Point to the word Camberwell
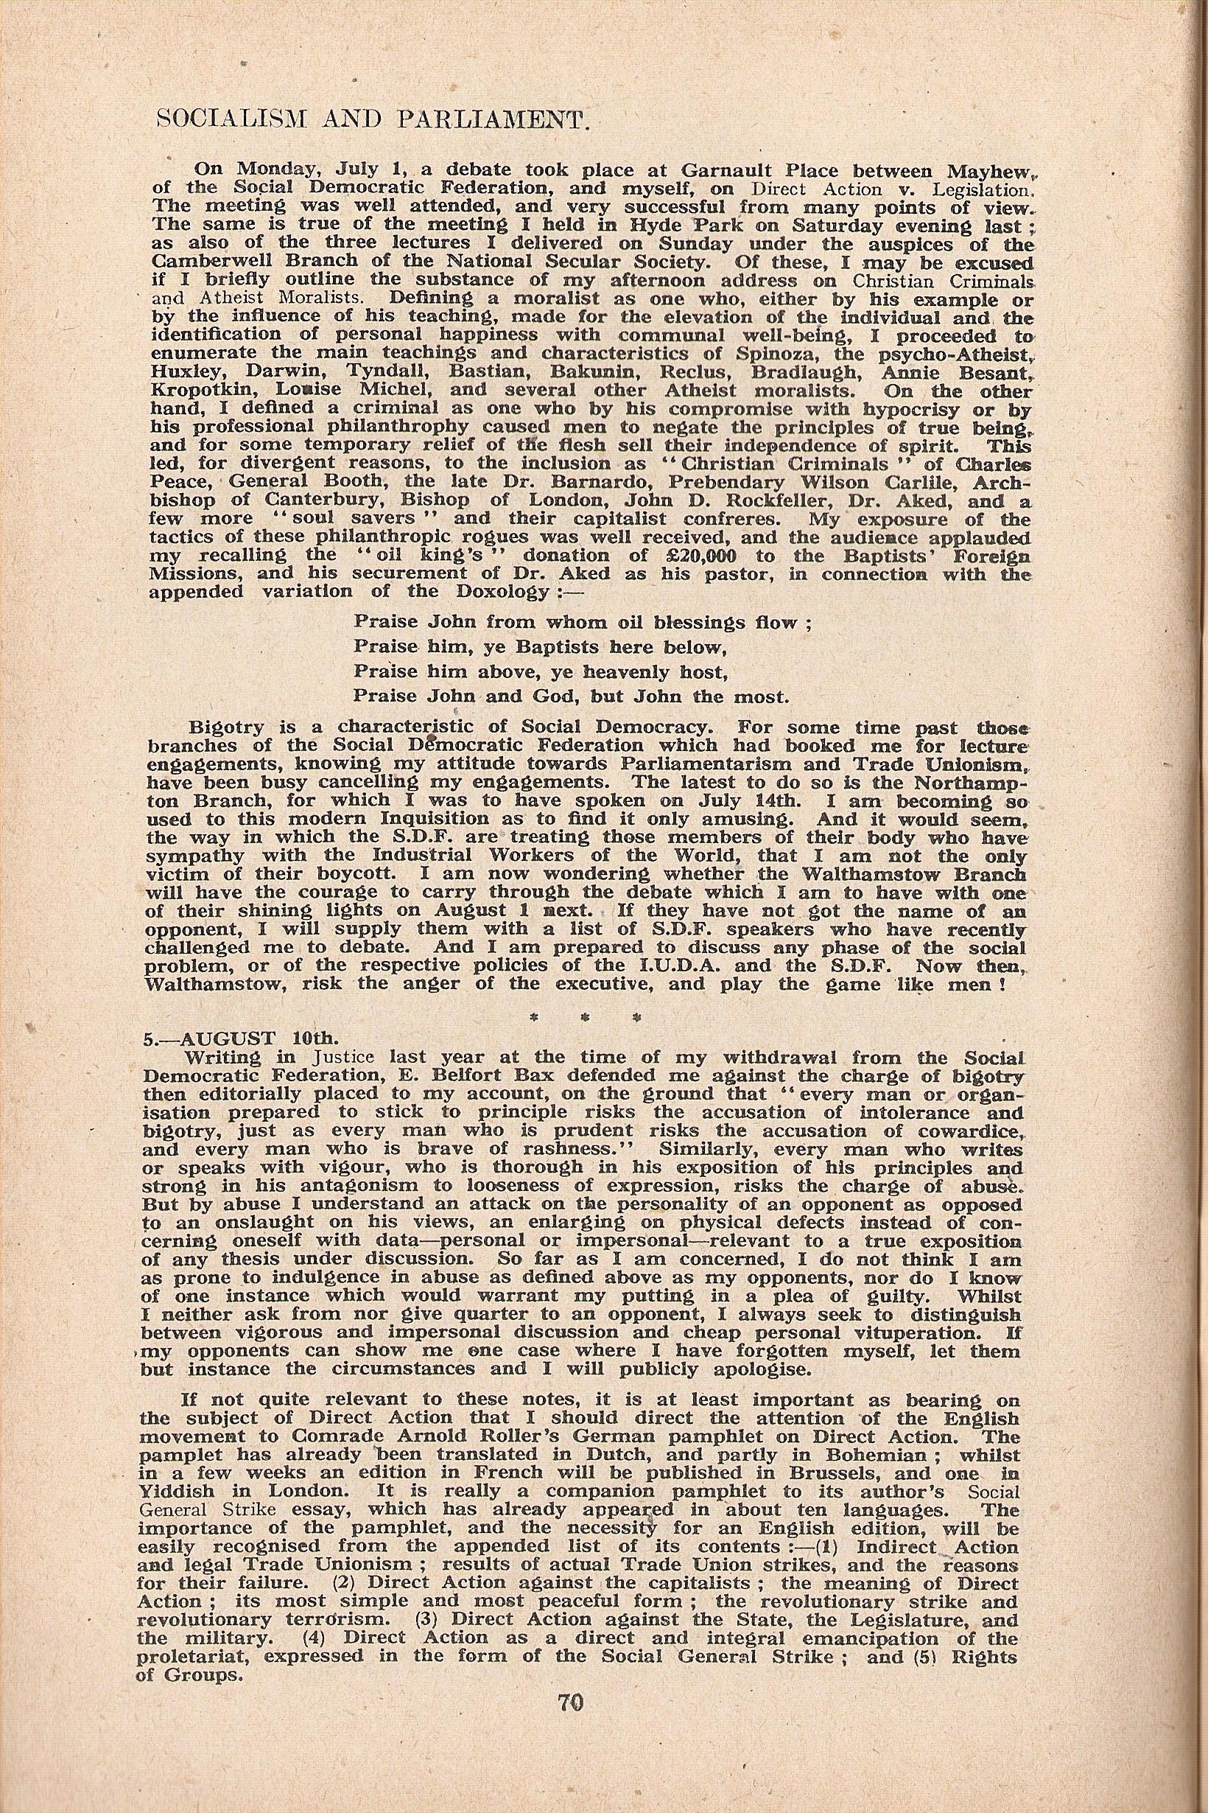pos(202,262)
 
